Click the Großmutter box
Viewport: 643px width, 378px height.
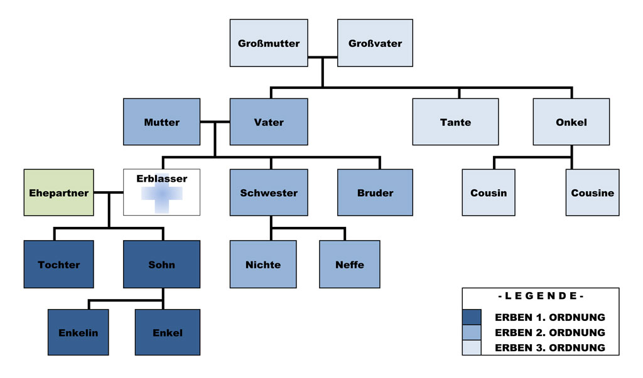(269, 43)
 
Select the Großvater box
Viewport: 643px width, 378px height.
(375, 43)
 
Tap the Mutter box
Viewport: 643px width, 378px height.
(162, 122)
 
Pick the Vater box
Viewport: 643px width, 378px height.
(269, 122)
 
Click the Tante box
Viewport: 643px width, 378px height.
(455, 122)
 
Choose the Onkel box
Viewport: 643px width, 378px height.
(571, 122)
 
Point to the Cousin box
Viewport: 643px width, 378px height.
(488, 192)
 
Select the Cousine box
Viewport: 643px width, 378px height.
(592, 192)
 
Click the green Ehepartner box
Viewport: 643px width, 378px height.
(59, 192)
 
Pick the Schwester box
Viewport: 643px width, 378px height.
(269, 192)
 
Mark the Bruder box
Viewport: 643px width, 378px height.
(375, 192)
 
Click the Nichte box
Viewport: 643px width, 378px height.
(263, 264)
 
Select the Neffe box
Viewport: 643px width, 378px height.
(349, 264)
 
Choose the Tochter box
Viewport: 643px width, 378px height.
(59, 264)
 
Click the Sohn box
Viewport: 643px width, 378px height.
(162, 264)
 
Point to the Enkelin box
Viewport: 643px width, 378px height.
(78, 332)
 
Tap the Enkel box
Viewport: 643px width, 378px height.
(168, 332)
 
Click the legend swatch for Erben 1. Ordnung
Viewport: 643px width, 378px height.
(471, 317)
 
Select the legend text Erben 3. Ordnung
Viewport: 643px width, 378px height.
(549, 347)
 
